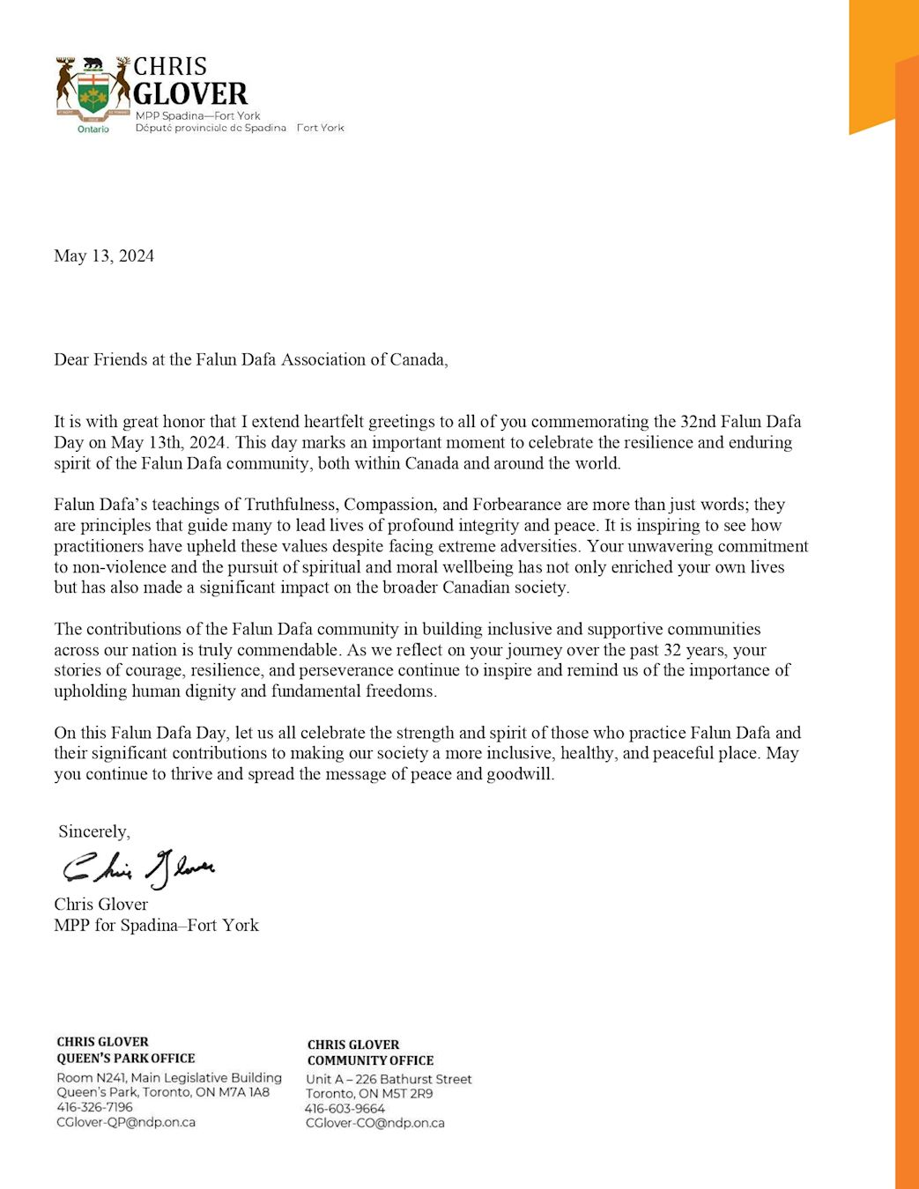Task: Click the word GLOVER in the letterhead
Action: point(190,93)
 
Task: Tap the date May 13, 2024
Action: point(104,256)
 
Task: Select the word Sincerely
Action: point(94,831)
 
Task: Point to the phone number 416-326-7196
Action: point(94,1107)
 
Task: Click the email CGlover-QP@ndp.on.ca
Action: point(126,1122)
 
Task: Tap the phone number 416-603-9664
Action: point(345,1109)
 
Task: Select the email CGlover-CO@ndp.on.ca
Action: point(375,1123)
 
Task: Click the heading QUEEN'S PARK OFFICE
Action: point(126,1058)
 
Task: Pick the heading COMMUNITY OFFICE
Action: point(370,1060)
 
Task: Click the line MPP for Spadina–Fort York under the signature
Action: point(156,925)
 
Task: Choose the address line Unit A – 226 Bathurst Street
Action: point(389,1079)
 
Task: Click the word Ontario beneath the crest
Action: point(93,129)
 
